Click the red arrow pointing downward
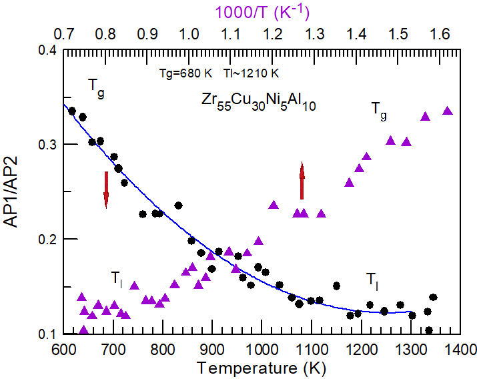coord(106,189)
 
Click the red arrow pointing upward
coord(302,181)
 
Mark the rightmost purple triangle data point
coord(448,111)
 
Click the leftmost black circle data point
coord(72,111)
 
